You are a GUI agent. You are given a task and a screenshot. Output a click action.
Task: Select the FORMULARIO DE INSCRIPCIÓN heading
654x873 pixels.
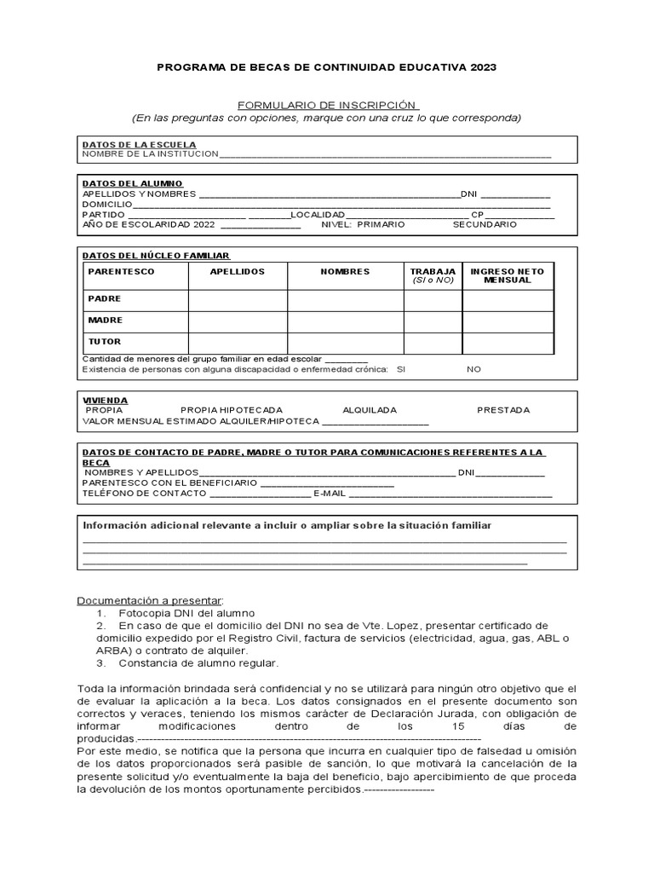pos(326,103)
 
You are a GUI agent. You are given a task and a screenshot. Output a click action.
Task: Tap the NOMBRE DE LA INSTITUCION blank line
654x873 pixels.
pos(385,154)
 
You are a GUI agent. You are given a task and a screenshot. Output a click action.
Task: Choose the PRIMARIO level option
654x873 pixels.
pos(381,224)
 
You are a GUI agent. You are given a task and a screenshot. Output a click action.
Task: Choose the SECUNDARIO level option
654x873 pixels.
pos(484,224)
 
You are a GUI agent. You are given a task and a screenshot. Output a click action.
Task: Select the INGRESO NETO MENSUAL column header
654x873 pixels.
pos(507,275)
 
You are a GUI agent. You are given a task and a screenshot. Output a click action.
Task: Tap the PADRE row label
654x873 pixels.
pos(105,299)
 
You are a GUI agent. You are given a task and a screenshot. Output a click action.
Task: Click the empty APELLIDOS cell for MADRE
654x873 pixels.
pos(238,321)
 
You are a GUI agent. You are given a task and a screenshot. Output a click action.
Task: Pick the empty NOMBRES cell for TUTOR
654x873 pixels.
pos(345,343)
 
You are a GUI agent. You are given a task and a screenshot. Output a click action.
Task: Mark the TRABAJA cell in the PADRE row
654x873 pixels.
pos(433,300)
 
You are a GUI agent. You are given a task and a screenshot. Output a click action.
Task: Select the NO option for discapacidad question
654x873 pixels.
pos(474,369)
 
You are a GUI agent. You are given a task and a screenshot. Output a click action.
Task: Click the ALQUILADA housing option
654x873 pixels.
pos(370,410)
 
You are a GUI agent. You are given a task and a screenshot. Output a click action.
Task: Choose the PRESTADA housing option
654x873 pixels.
pos(503,410)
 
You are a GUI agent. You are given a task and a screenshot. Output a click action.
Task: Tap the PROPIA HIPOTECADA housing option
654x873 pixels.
pos(232,410)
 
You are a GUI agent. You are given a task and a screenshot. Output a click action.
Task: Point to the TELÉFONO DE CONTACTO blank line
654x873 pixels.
pos(260,494)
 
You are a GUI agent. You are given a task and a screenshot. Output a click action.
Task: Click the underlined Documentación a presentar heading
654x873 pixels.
pos(149,600)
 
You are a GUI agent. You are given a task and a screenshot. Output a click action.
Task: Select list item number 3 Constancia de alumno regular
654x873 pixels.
pos(198,662)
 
